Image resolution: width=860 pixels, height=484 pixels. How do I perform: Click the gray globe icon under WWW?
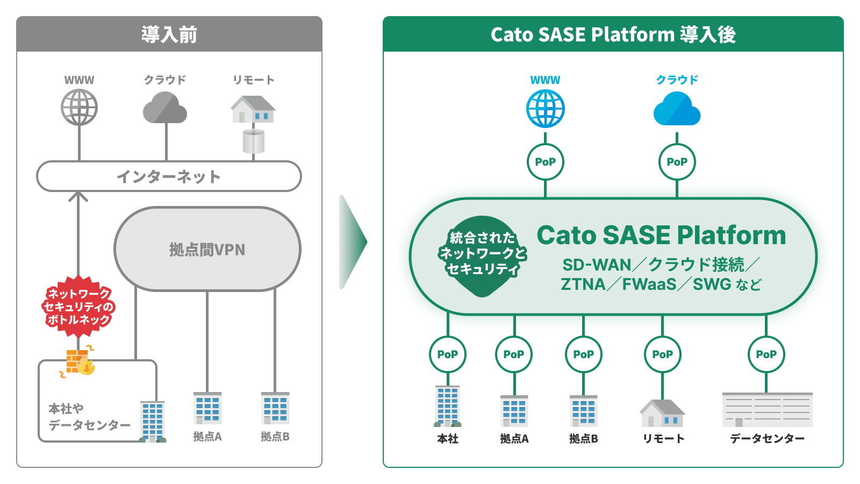(x=79, y=107)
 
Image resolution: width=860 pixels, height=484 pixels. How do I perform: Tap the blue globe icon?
(x=545, y=108)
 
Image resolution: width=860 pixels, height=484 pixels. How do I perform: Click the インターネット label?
(x=169, y=177)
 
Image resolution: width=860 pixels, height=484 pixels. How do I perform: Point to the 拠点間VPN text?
(x=207, y=250)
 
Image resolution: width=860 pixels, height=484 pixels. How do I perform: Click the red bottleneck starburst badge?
(x=78, y=307)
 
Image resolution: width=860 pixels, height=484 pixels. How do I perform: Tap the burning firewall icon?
(x=80, y=361)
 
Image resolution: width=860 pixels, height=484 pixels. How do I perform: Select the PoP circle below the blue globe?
(x=545, y=162)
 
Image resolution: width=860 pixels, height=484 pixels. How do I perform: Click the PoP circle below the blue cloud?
(x=677, y=162)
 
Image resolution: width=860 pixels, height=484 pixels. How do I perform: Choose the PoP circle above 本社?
(x=448, y=354)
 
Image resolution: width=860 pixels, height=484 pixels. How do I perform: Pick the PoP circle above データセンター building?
(x=766, y=354)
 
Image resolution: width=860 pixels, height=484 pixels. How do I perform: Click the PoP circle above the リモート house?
(x=663, y=354)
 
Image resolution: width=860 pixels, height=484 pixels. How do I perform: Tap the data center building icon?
(x=768, y=409)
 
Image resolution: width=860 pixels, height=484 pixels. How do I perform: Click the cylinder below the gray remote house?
(x=253, y=141)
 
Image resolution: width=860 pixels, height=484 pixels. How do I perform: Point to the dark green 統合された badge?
(x=483, y=256)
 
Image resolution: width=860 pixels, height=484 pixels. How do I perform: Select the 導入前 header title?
(x=169, y=34)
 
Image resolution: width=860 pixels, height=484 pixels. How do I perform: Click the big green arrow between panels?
(x=353, y=242)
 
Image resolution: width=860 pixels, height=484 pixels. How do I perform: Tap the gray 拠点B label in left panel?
(x=275, y=436)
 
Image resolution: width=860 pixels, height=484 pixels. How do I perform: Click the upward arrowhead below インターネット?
(x=78, y=196)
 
